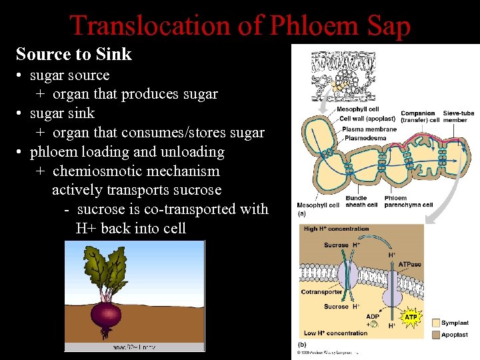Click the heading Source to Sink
74,54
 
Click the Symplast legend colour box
435,323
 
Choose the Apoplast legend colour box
435,335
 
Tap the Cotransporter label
321,291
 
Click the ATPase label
409,265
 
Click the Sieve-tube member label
458,117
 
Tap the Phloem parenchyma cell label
409,201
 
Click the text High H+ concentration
337,229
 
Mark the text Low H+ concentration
335,333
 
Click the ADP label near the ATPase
373,317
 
